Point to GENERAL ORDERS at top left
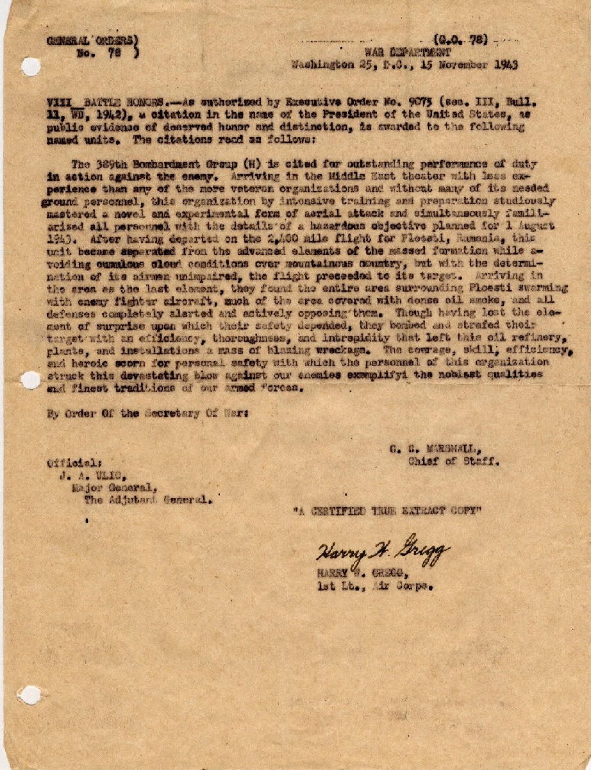(93, 40)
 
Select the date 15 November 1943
(476, 64)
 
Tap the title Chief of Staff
(448, 460)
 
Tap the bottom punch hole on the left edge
(29, 694)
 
